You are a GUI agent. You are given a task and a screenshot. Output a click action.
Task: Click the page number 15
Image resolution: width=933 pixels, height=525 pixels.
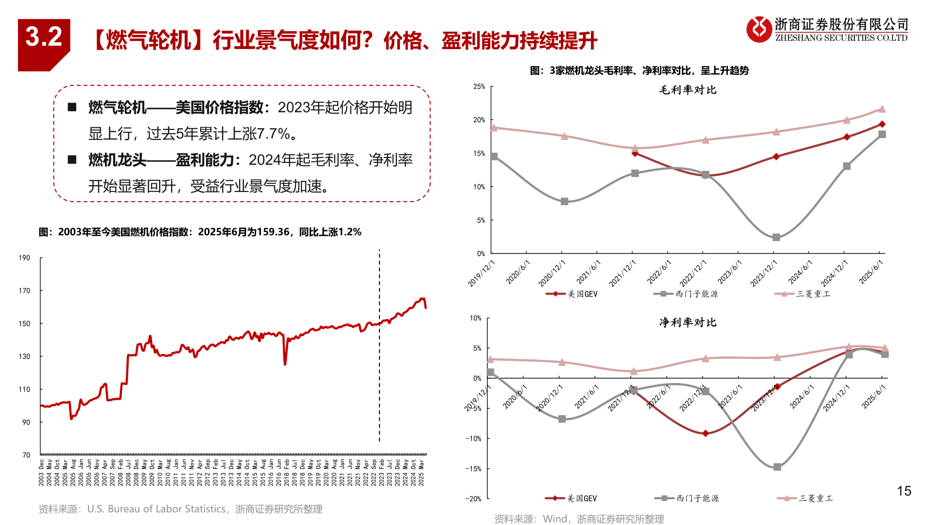tap(904, 491)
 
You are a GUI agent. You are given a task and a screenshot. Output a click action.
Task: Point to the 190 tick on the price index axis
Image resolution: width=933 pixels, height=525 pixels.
tap(24, 258)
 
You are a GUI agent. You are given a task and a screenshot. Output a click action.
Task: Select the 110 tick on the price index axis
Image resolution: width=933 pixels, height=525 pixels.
tap(24, 389)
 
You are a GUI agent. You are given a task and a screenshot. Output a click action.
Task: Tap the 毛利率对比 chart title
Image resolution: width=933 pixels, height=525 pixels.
tap(688, 90)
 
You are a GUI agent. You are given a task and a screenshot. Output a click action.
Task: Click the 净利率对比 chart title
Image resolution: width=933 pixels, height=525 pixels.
tap(688, 322)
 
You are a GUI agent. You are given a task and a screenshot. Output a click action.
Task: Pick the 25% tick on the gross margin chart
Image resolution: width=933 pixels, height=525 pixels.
tap(479, 87)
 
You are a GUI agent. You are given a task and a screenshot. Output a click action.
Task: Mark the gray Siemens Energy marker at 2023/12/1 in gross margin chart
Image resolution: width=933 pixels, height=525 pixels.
tap(776, 237)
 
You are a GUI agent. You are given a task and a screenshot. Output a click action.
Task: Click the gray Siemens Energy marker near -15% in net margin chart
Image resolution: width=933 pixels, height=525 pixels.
tap(777, 467)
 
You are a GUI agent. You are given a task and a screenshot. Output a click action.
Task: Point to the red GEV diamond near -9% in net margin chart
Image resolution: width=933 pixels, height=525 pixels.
tap(706, 433)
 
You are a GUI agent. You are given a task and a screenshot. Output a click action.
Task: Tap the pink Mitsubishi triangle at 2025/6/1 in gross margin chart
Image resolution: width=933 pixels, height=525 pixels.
tap(882, 109)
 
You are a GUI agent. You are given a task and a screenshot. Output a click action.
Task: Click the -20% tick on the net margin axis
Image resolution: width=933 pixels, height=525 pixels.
tap(473, 499)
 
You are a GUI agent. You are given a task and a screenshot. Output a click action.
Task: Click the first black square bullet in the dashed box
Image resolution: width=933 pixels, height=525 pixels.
tap(72, 107)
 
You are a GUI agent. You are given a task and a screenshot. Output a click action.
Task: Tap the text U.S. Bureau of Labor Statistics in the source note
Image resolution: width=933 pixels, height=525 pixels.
tap(156, 509)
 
